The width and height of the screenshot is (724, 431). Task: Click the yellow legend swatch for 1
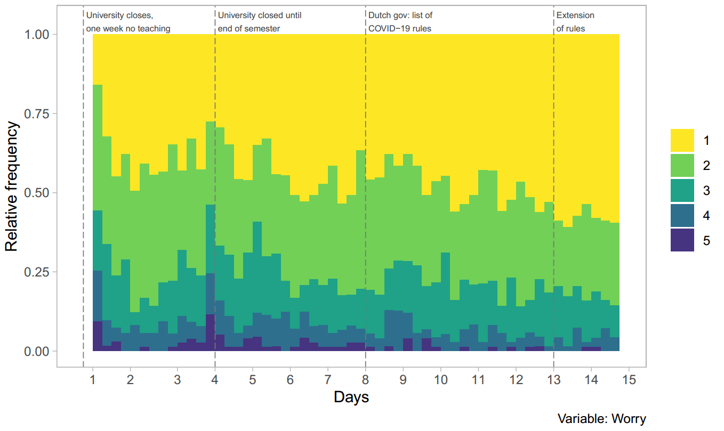[x=682, y=140]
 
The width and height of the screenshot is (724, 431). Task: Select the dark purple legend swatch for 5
[x=682, y=240]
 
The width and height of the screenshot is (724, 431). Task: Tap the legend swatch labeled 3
[x=682, y=190]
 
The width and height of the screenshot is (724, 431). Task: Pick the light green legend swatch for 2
[x=682, y=165]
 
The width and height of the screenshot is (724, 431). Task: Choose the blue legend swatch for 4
[x=682, y=215]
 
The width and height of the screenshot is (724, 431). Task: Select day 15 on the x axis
[x=629, y=380]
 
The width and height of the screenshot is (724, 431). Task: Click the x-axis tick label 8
[x=366, y=380]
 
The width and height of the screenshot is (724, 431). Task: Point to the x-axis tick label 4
[x=215, y=380]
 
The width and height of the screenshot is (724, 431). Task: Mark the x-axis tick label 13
[x=553, y=380]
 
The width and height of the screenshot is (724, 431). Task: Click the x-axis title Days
[x=351, y=397]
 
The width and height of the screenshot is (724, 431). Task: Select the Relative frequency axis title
[x=12, y=186]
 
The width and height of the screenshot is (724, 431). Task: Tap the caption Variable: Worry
[x=601, y=419]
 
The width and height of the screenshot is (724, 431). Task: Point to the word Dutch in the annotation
[x=380, y=15]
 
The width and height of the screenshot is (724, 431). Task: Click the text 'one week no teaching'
[x=128, y=29]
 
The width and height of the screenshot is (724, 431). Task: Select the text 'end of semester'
[x=249, y=29]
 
